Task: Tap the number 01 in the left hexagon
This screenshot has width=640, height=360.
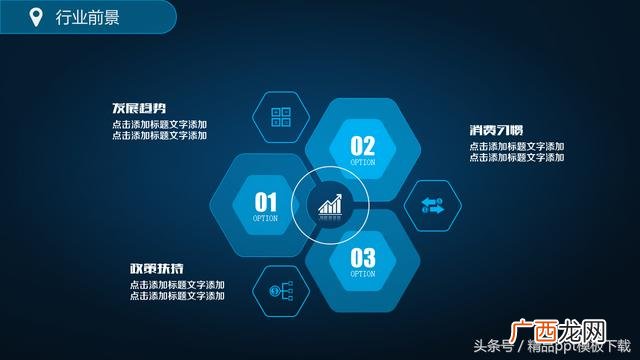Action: tap(266, 201)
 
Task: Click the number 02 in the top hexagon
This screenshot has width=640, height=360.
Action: tap(362, 146)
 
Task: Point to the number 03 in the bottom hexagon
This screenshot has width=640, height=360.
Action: tap(362, 258)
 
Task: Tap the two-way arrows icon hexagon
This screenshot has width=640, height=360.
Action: tap(432, 206)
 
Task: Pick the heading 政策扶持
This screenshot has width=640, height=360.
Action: tap(156, 269)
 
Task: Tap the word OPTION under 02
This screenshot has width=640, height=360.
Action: tap(362, 162)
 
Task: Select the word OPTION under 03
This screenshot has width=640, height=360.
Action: tap(362, 274)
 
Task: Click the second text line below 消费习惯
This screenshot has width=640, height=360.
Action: tap(517, 157)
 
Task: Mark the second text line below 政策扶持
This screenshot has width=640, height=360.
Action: tap(177, 296)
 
